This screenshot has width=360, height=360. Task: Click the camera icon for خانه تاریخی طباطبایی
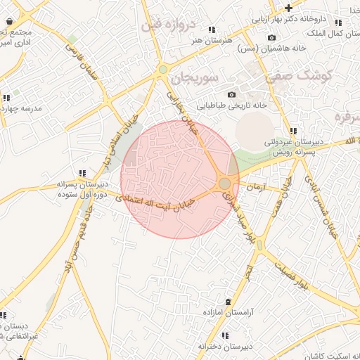(231, 95)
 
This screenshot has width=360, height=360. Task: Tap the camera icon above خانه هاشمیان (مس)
(272, 37)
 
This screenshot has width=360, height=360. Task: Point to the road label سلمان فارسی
(84, 66)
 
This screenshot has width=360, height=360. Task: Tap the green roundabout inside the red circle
(224, 184)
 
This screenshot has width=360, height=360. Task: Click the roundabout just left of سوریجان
(163, 69)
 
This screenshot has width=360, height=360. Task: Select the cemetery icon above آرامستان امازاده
(227, 301)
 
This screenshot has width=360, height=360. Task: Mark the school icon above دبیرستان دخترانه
(224, 336)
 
